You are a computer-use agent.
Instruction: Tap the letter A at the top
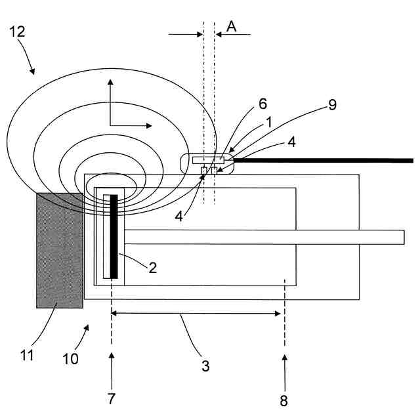[x=231, y=26]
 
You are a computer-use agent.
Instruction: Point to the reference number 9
[x=332, y=105]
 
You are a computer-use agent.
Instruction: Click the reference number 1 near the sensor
[x=268, y=121]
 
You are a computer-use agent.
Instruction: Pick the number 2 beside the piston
[x=153, y=267]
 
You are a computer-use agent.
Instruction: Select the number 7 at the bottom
[x=112, y=398]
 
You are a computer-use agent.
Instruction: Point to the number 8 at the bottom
[x=283, y=401]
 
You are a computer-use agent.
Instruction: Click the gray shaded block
[x=60, y=249]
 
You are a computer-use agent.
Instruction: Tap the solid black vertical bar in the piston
[x=114, y=236]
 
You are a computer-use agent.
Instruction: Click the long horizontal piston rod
[x=262, y=238]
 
